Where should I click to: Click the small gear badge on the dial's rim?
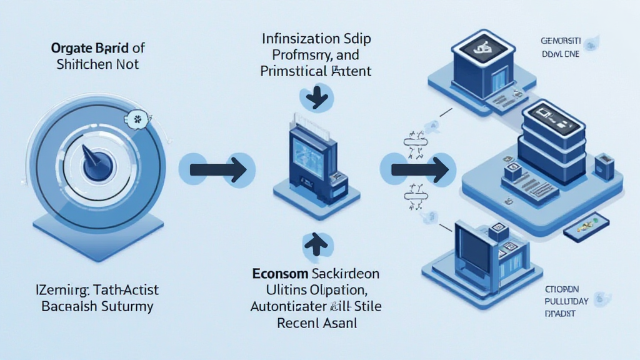tap(137, 117)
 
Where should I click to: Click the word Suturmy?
tap(127, 307)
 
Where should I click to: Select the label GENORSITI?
tap(561, 41)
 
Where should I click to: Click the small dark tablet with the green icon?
tap(585, 226)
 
